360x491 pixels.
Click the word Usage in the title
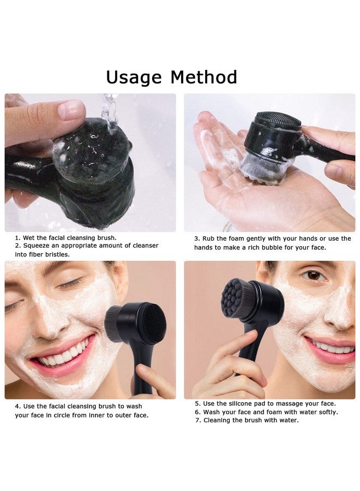(x=134, y=77)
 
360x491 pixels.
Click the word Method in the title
(x=203, y=77)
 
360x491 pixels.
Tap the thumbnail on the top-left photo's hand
(x=71, y=110)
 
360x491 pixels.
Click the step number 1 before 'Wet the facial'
(x=17, y=238)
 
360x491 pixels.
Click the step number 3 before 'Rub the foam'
(x=196, y=239)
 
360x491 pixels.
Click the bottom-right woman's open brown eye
(x=313, y=275)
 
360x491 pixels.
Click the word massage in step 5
(x=293, y=404)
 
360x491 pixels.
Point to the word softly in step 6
(x=325, y=412)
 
